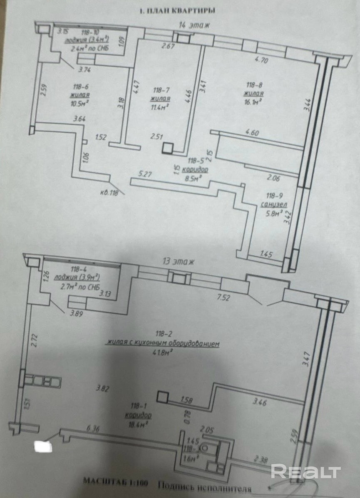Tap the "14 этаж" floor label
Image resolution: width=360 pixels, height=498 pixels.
coord(194,25)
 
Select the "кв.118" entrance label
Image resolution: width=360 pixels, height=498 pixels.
coord(109,192)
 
